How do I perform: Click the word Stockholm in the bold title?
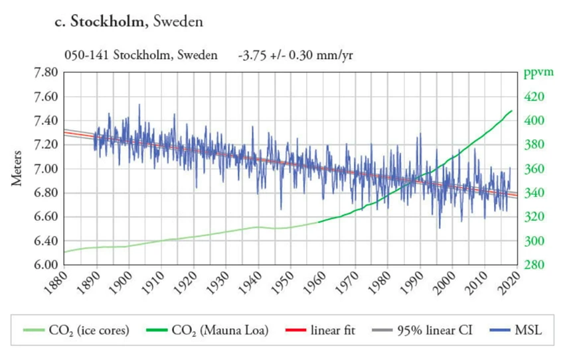tap(111, 22)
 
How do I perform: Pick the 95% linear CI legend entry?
tap(435, 329)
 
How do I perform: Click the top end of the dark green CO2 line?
tap(512, 111)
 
